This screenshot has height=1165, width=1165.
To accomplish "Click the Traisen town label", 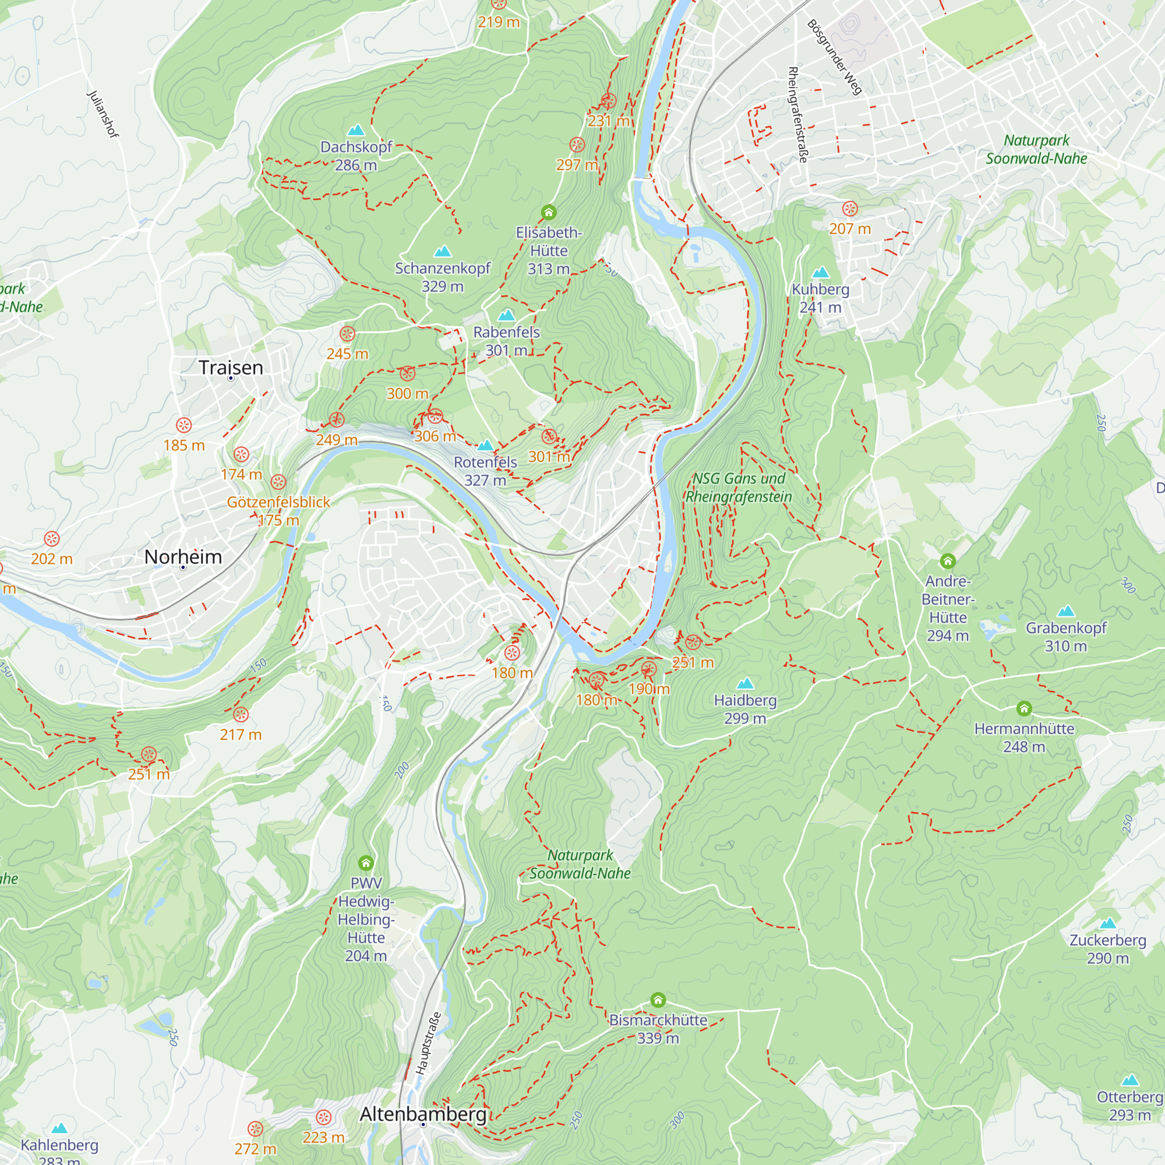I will click(x=230, y=367).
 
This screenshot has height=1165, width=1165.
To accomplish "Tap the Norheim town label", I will click(x=183, y=556).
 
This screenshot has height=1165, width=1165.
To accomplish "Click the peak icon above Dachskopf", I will click(x=356, y=130).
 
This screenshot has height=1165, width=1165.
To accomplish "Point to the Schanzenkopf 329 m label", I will click(x=443, y=277).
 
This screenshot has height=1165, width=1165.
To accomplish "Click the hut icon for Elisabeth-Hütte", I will click(x=548, y=212).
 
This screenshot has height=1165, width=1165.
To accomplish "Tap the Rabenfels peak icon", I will click(x=506, y=315).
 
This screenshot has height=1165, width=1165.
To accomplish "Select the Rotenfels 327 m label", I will click(x=485, y=471).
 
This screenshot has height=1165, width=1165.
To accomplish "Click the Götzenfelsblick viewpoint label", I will click(x=278, y=502).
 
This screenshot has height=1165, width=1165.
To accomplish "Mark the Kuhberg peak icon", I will click(x=820, y=273).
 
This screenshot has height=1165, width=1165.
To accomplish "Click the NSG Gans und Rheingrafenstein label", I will click(x=739, y=487).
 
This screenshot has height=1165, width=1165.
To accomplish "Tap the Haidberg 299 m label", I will click(x=746, y=709).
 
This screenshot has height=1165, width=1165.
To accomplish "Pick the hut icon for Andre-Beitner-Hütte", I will click(x=947, y=562).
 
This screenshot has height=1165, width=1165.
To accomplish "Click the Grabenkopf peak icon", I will click(x=1066, y=611).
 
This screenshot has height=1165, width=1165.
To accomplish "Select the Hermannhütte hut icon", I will click(x=1024, y=708).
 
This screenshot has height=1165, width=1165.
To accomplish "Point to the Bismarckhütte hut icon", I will click(x=658, y=1000).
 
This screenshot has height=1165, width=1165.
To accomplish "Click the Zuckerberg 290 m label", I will click(x=1108, y=948).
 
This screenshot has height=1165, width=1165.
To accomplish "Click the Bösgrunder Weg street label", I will click(x=835, y=57).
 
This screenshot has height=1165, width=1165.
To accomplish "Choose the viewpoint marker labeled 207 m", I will click(x=850, y=209).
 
